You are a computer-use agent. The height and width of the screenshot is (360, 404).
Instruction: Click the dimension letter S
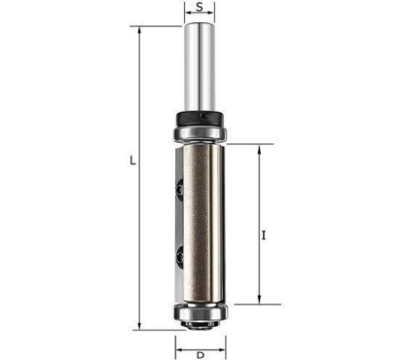pos(200,7)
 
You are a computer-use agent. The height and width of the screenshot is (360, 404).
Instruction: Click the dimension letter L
pos(132,161)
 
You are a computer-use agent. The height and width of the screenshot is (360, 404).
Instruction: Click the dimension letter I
pos(264,234)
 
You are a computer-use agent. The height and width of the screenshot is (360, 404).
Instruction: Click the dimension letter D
pos(201,355)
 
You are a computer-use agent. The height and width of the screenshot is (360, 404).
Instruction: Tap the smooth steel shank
pos(200,67)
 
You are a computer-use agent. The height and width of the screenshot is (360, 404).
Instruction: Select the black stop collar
pos(200,118)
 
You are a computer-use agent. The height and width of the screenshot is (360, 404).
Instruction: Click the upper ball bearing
pos(200,133)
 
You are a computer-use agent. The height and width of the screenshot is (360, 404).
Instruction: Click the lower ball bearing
pos(200,312)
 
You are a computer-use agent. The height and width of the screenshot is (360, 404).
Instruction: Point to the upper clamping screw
pos(179,190)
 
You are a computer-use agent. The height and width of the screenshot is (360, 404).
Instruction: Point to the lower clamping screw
pos(179,257)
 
